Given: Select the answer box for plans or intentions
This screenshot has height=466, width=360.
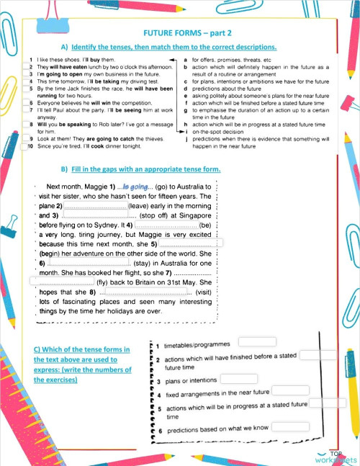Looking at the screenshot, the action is tap(238, 378).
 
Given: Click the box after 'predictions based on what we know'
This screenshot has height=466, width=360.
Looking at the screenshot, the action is tap(290, 426).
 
